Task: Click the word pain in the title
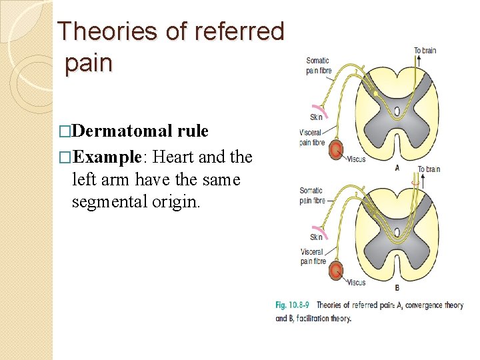89,63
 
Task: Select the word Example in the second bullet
107,157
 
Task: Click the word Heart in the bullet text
175,157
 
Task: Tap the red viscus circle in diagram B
337,271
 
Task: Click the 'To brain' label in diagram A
425,51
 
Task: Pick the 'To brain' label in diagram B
429,169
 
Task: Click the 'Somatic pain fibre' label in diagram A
317,66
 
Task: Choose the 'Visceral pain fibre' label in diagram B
312,257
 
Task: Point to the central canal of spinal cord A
397,111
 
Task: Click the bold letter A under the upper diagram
397,168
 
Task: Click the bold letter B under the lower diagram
397,288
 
